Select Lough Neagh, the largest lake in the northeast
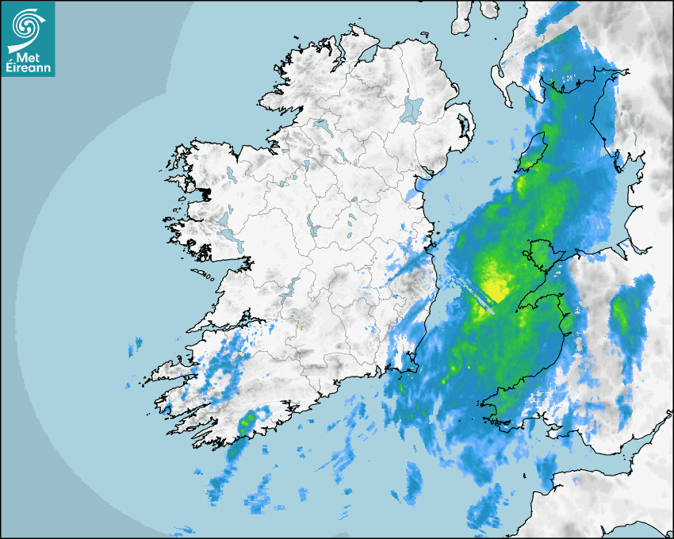tap(413, 109)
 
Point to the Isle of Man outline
tap(533, 151)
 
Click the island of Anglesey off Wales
tap(538, 255)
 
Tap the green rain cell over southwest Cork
tap(247, 419)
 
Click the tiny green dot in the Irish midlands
tap(301, 326)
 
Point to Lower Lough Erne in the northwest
tap(320, 125)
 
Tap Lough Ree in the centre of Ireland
tap(312, 228)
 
